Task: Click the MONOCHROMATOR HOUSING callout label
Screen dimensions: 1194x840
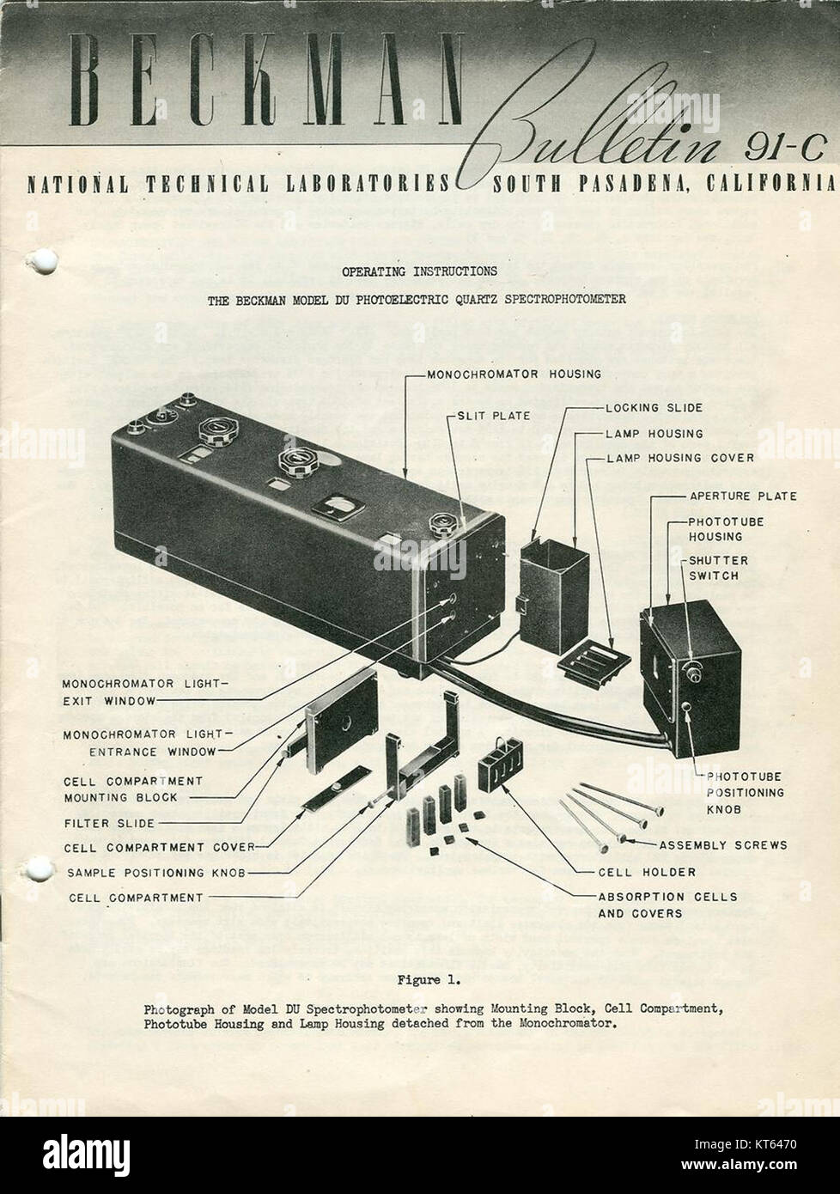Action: pyautogui.click(x=514, y=374)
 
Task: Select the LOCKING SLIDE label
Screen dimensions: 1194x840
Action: pyautogui.click(x=654, y=408)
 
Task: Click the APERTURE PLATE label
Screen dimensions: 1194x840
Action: pyautogui.click(x=742, y=496)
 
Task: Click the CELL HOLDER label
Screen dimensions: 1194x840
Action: pyautogui.click(x=634, y=871)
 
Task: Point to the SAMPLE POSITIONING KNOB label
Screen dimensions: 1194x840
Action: pyautogui.click(x=156, y=873)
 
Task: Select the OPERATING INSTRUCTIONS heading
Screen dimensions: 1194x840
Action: pyautogui.click(x=419, y=271)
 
